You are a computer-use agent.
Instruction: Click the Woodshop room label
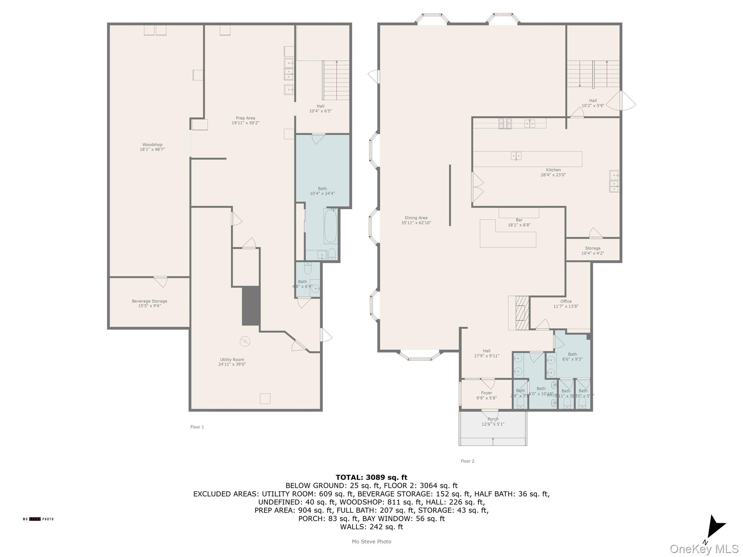(152, 147)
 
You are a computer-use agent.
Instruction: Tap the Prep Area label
(245, 120)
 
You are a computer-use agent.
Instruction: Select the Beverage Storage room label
(149, 303)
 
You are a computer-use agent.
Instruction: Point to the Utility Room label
(232, 362)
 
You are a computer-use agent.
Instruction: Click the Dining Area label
(416, 220)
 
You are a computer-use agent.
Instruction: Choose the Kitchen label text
(553, 172)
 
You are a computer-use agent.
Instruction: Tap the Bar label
(519, 222)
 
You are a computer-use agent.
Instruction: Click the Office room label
(566, 304)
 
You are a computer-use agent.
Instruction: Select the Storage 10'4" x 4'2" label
(592, 251)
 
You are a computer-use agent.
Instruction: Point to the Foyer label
(486, 395)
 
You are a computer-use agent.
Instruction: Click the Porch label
(493, 421)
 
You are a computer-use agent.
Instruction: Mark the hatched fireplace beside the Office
(522, 313)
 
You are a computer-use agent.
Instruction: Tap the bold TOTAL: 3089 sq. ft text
(371, 477)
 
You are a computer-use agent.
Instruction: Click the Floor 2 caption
(467, 461)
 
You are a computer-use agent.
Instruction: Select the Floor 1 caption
(197, 427)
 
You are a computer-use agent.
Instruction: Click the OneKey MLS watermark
(704, 549)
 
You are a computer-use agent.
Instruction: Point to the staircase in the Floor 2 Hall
(593, 74)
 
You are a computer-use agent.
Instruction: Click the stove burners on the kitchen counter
(505, 124)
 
